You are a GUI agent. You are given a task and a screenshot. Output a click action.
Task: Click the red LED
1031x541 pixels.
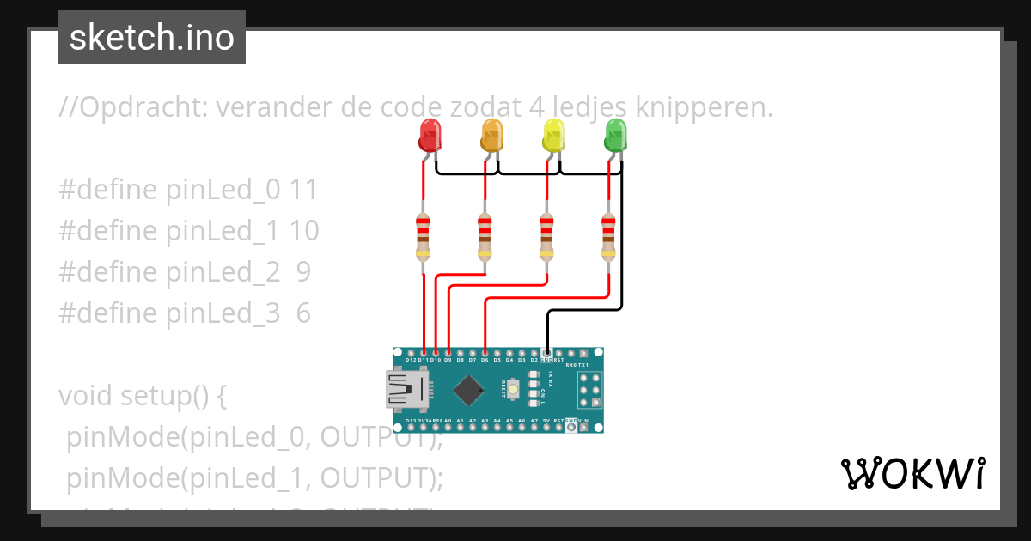click(430, 136)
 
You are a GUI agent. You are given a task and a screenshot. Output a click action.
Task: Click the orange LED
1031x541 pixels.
click(491, 136)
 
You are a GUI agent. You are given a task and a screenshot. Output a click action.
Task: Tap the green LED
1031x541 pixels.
click(616, 136)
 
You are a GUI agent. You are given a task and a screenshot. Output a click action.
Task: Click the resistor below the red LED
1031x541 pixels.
click(423, 236)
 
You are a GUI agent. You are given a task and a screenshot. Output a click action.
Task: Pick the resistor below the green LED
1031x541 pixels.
click(608, 236)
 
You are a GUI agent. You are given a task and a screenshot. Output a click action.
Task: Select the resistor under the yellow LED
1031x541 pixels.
click(546, 236)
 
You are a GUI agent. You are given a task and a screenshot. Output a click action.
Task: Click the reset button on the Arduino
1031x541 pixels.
click(513, 391)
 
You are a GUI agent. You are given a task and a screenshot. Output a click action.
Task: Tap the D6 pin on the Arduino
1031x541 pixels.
click(486, 352)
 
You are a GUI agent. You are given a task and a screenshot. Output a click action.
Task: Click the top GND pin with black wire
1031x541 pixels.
click(547, 352)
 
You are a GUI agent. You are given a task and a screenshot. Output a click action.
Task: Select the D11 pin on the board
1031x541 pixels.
click(424, 352)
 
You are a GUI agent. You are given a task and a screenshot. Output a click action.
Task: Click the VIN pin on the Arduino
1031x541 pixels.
click(584, 427)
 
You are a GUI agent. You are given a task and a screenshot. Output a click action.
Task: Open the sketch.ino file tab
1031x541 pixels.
click(152, 38)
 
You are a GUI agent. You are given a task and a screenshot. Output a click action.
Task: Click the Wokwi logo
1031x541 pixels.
click(912, 473)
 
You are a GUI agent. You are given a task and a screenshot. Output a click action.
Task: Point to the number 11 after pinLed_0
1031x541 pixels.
click(303, 190)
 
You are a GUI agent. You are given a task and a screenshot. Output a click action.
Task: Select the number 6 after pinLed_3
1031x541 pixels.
click(303, 313)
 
